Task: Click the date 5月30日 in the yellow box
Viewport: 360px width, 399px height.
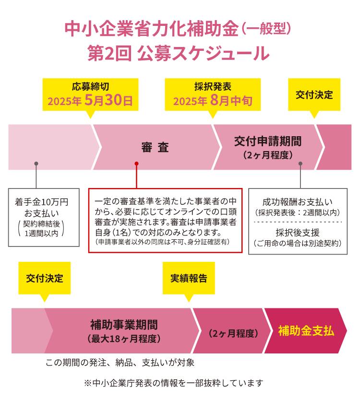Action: [108, 100]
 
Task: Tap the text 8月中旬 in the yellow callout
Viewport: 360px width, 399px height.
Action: [231, 101]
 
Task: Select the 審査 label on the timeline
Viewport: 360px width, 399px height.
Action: [155, 147]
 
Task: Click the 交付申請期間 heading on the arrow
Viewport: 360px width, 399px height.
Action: [268, 141]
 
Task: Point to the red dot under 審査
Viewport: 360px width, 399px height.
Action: [137, 164]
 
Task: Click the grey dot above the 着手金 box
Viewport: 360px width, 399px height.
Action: [36, 164]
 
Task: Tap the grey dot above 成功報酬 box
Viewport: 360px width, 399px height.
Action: [300, 164]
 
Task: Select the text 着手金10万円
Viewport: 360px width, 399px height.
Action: [42, 202]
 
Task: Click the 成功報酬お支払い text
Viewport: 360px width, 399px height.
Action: [298, 202]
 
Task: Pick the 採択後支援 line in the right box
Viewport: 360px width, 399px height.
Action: [298, 233]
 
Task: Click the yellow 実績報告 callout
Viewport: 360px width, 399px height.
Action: [189, 278]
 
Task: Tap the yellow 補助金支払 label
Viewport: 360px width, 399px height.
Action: [306, 331]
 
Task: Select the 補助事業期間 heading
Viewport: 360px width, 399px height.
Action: [124, 325]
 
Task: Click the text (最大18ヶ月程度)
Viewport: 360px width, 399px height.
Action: [124, 339]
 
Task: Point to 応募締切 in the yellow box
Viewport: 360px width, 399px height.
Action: [90, 86]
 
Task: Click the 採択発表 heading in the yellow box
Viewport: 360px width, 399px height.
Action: [213, 86]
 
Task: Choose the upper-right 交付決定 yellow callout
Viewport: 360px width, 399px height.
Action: [314, 94]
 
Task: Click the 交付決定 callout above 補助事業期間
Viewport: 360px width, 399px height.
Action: [45, 278]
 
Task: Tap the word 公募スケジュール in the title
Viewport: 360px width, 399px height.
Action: [203, 54]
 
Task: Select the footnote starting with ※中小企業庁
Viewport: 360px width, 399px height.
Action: [173, 383]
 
